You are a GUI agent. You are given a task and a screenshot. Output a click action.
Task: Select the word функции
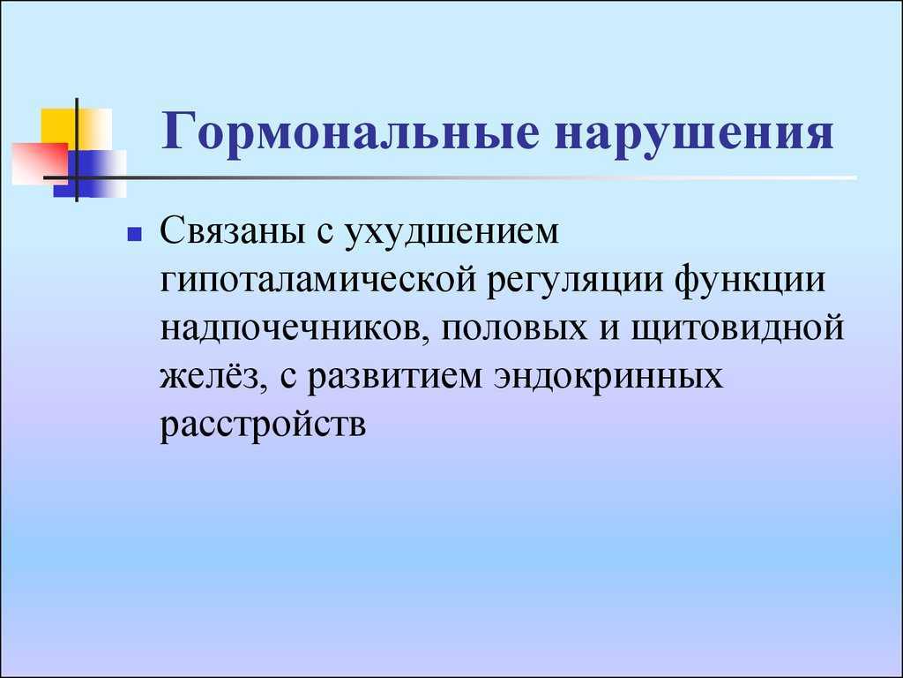(750, 281)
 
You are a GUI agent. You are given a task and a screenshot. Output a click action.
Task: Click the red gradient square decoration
(41, 163)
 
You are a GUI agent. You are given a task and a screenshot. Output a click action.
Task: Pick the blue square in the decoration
(90, 174)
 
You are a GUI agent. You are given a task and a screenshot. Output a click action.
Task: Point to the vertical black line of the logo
(77, 150)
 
